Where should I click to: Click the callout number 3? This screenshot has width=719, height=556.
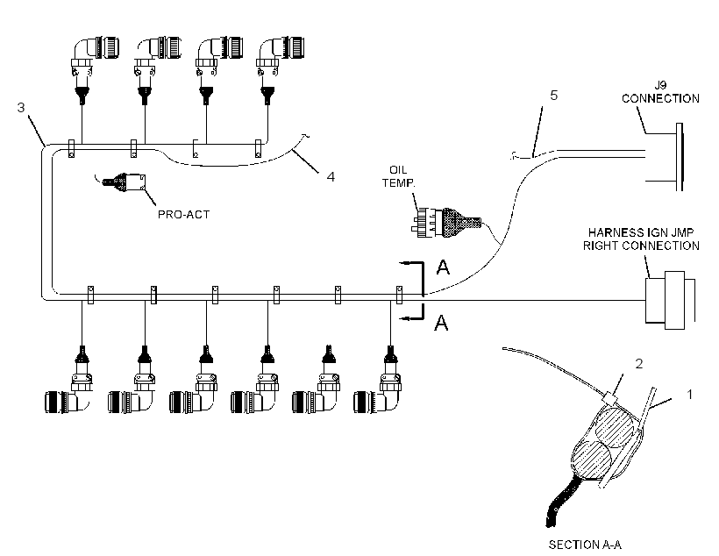(x=21, y=107)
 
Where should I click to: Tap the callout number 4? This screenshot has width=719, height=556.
(x=331, y=176)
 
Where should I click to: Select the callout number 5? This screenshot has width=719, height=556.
(x=554, y=95)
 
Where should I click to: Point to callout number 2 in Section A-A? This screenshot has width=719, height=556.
(x=639, y=364)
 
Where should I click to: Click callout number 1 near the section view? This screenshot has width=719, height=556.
(x=689, y=394)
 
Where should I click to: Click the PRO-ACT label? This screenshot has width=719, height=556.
(x=183, y=215)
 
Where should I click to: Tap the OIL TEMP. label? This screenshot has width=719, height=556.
(x=398, y=176)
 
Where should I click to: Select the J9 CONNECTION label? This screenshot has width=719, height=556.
(x=660, y=92)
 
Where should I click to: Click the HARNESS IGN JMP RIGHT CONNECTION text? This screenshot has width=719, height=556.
(x=641, y=239)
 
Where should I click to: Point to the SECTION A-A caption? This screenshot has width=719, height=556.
(x=585, y=545)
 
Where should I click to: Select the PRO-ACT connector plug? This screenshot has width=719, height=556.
(x=124, y=183)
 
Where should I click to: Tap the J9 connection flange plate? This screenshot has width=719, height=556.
(x=680, y=157)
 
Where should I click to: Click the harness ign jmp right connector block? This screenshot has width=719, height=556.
(x=670, y=300)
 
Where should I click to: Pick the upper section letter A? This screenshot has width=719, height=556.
(x=443, y=267)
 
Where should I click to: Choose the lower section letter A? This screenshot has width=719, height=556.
(x=441, y=323)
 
